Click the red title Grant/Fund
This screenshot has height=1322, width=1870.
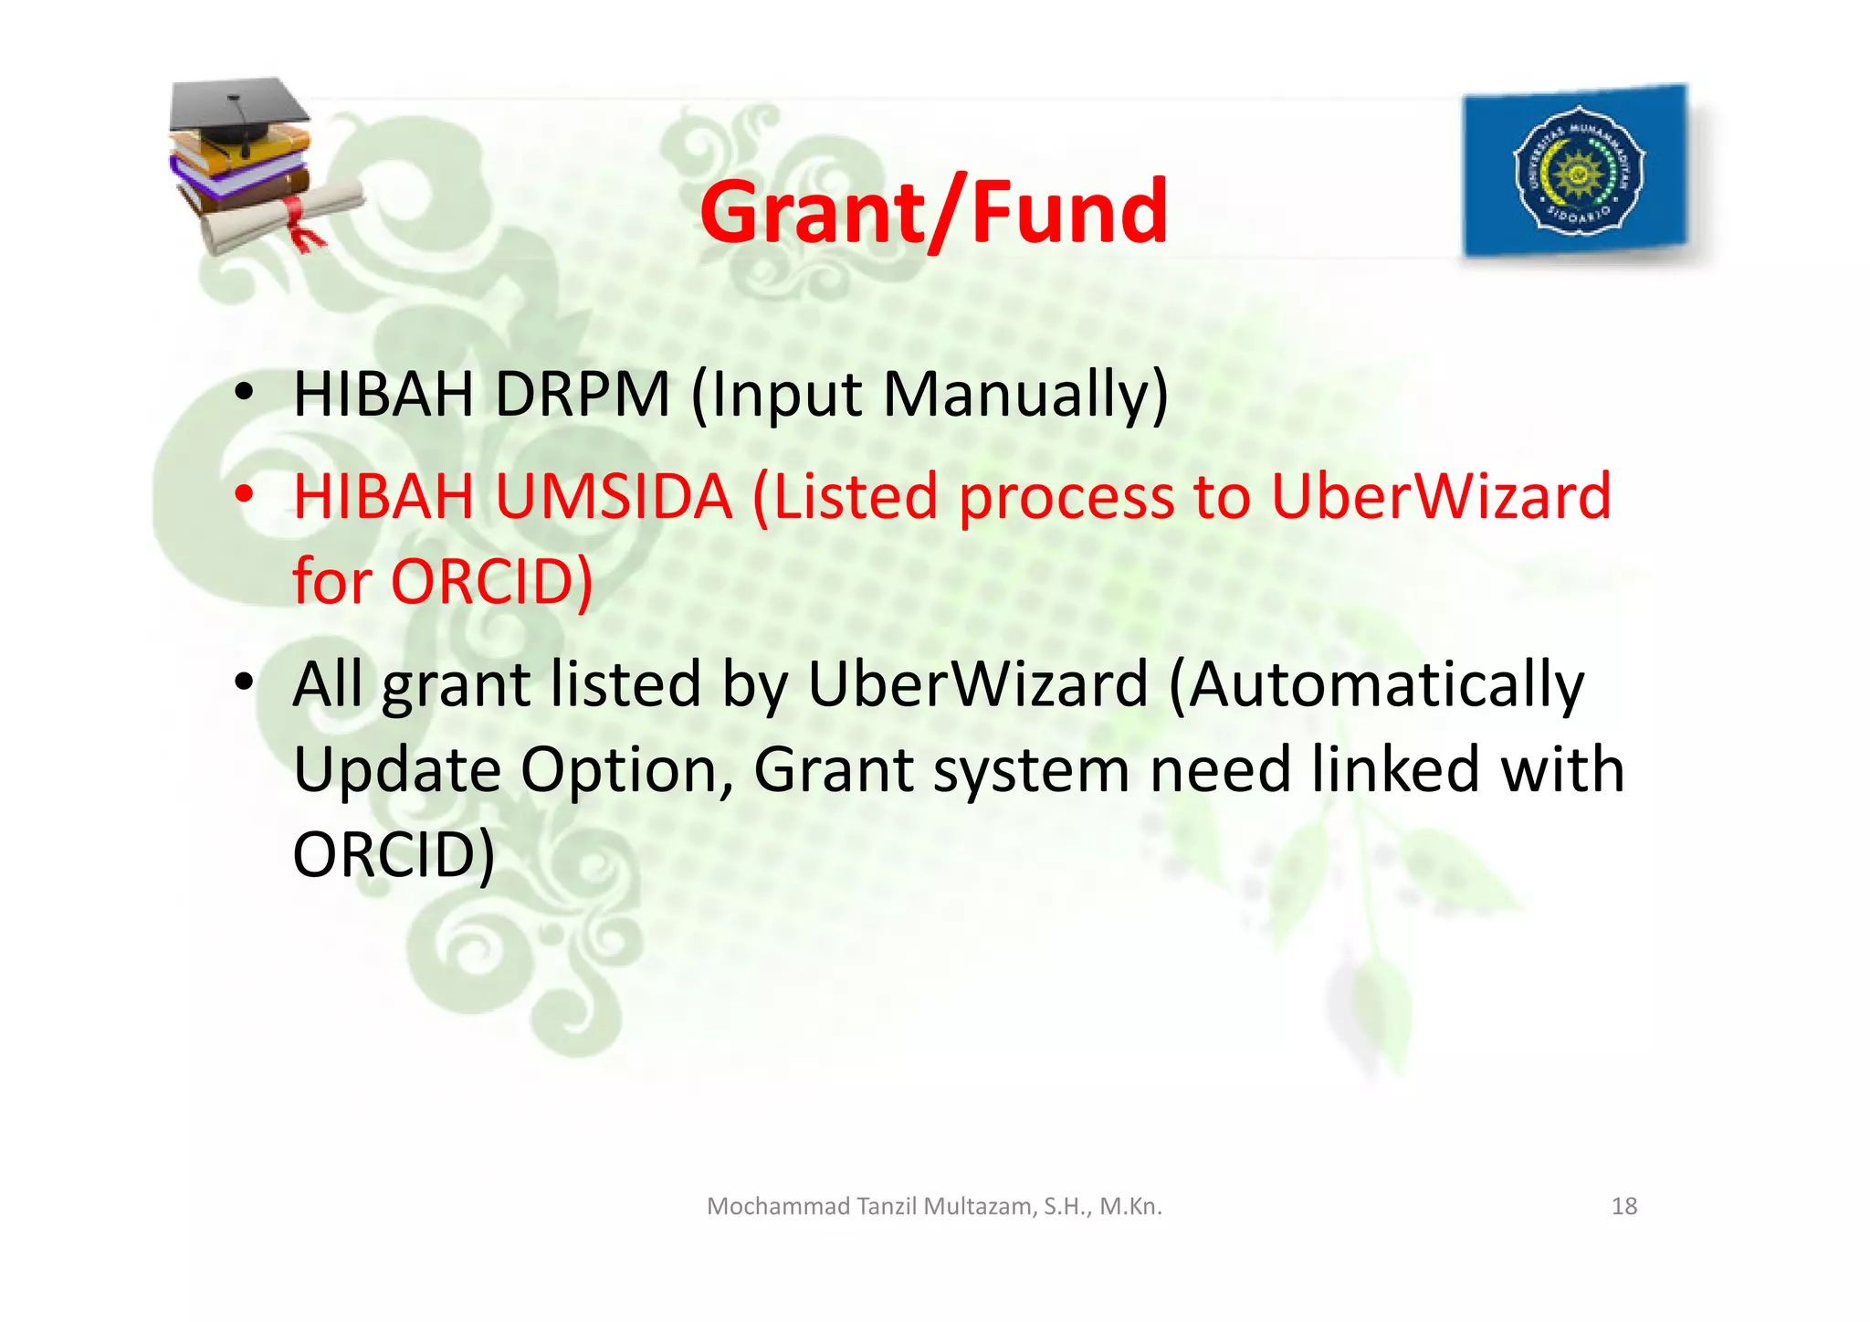click(x=933, y=212)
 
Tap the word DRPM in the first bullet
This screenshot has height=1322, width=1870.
click(x=582, y=395)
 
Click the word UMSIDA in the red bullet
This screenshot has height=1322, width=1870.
click(x=614, y=497)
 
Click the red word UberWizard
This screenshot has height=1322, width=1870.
click(x=1441, y=497)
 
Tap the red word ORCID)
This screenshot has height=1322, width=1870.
click(x=492, y=581)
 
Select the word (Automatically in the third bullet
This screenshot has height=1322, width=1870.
click(x=1376, y=685)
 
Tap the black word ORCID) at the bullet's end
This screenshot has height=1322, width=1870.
click(x=394, y=854)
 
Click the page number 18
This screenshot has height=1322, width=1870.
click(x=1624, y=1206)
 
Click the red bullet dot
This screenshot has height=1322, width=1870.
click(x=243, y=494)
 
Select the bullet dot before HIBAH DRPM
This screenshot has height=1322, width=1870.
click(x=243, y=392)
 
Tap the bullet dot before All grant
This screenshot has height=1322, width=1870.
click(x=243, y=682)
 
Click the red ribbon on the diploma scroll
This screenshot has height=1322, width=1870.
click(x=299, y=222)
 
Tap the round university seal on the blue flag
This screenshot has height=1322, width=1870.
click(x=1578, y=170)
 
